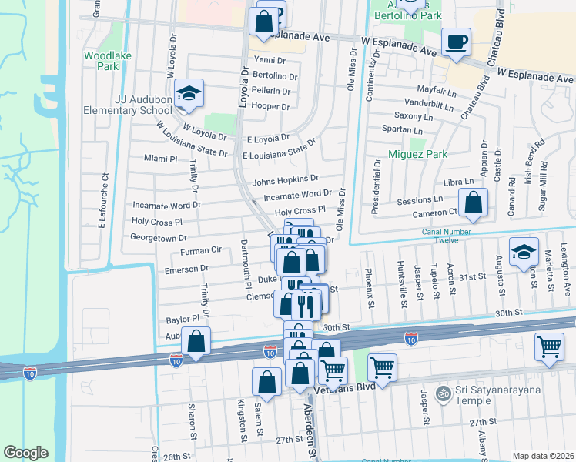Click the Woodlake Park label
click(x=102, y=61)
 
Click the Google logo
click(x=25, y=453)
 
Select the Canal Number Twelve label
click(x=451, y=236)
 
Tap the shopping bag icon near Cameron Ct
click(x=474, y=204)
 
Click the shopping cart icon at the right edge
click(x=549, y=347)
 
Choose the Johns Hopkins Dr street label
click(x=285, y=182)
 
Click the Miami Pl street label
click(x=161, y=159)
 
